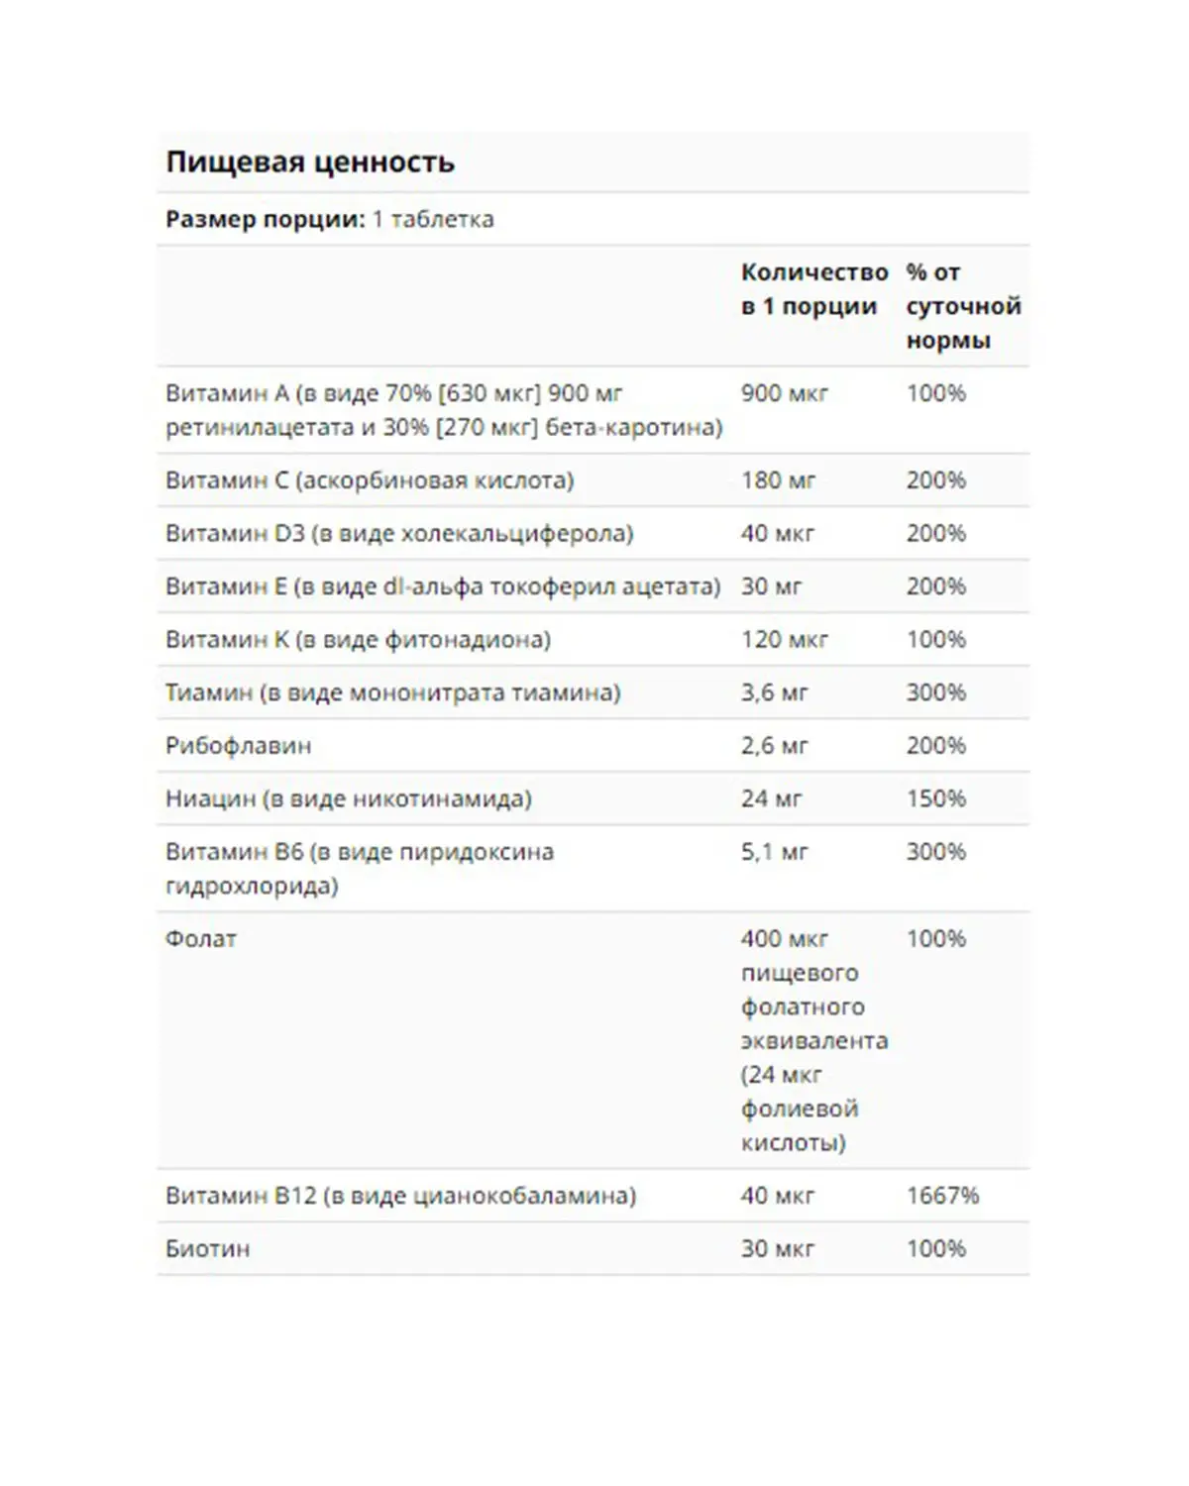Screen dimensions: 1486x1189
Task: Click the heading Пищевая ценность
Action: click(x=310, y=162)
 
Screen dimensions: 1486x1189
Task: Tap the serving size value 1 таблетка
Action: click(x=433, y=219)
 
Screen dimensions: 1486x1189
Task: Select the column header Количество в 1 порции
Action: click(x=813, y=289)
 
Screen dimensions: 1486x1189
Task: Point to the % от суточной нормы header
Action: click(x=962, y=306)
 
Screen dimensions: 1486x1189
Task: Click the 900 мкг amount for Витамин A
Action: click(x=784, y=394)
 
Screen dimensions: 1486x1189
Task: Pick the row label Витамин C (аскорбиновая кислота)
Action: click(x=370, y=480)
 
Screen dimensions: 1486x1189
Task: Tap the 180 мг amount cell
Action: click(x=778, y=480)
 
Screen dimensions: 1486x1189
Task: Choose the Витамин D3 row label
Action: click(x=399, y=534)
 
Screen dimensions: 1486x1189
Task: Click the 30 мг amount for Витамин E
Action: click(x=771, y=586)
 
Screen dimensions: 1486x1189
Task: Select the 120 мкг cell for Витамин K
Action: click(x=784, y=640)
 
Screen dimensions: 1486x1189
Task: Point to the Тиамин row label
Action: click(x=392, y=692)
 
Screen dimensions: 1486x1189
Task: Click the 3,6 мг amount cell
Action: click(x=774, y=692)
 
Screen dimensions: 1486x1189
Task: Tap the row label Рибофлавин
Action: click(x=238, y=746)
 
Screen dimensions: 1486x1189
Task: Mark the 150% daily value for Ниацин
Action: click(x=935, y=798)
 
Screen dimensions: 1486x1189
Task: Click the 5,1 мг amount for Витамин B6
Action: click(x=774, y=852)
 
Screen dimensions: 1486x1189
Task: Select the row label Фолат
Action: click(x=201, y=939)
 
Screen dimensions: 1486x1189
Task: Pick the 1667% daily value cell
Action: click(x=942, y=1196)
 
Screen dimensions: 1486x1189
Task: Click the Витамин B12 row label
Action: click(x=400, y=1196)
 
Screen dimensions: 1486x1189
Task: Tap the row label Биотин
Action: click(x=207, y=1249)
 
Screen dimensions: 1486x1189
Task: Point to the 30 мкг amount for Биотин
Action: click(x=777, y=1249)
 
